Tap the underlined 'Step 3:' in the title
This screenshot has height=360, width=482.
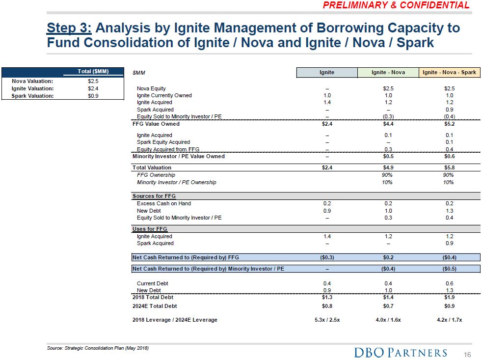click(68, 28)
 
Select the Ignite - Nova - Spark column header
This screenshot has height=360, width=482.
click(449, 72)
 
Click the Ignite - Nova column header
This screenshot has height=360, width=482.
click(388, 72)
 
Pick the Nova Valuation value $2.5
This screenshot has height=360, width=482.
click(93, 81)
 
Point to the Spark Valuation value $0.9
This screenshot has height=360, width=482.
click(93, 96)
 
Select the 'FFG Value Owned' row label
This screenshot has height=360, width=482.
click(156, 124)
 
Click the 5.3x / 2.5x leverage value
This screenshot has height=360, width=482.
click(326, 320)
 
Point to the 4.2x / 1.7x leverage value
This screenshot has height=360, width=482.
click(449, 320)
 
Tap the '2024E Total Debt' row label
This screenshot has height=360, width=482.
click(155, 306)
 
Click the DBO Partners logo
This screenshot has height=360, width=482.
click(401, 352)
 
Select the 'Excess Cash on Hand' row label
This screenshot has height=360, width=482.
click(164, 203)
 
